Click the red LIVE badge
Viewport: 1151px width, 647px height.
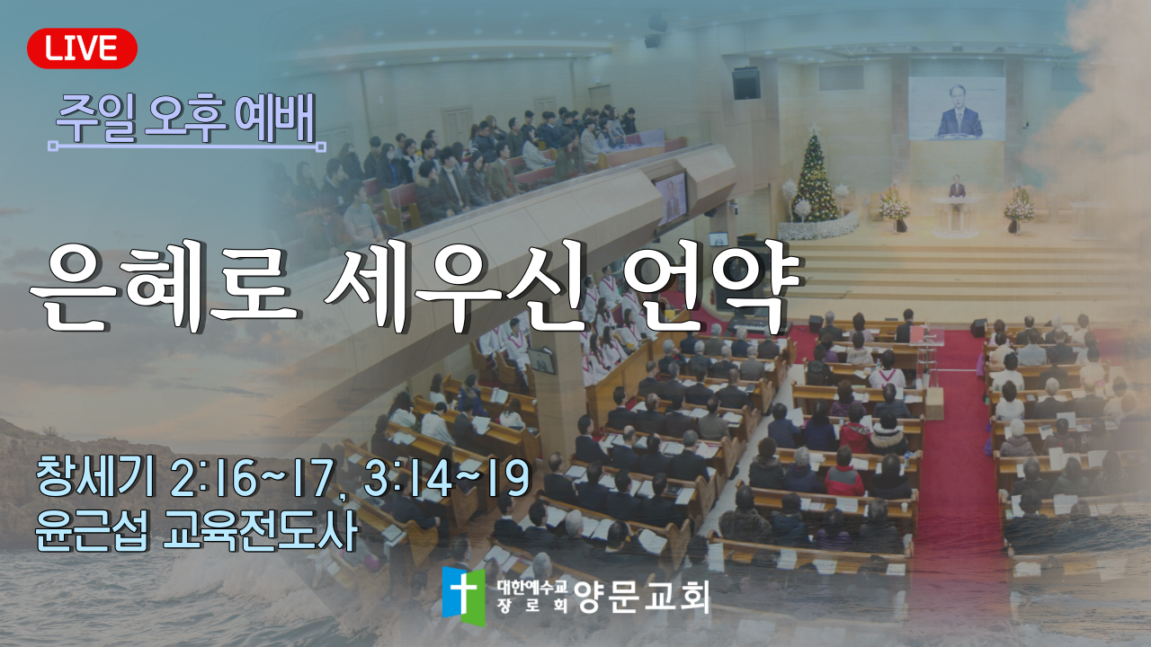[x=82, y=49]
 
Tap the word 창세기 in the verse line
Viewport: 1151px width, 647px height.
[x=95, y=477]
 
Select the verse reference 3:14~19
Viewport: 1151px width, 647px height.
[x=447, y=477]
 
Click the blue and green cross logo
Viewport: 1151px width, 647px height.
[x=463, y=596]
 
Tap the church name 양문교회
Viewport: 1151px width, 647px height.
[x=642, y=598]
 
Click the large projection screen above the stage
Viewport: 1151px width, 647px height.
[x=956, y=109]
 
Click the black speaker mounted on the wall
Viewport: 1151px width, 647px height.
[x=746, y=84]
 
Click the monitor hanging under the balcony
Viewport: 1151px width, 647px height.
[x=672, y=199]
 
